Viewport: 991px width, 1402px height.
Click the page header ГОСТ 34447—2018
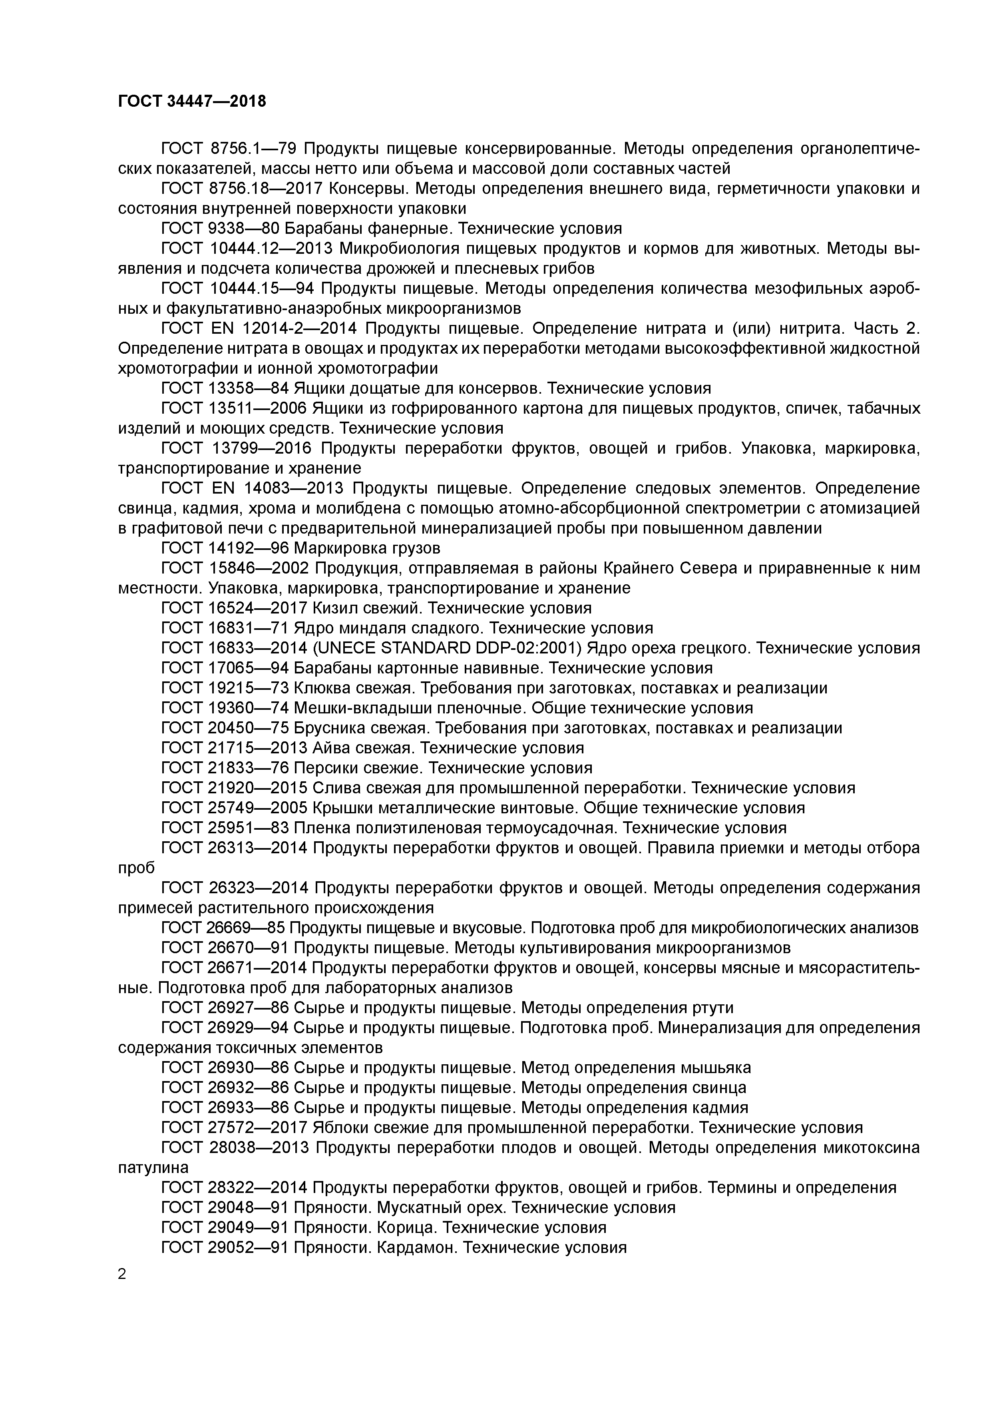pyautogui.click(x=192, y=102)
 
